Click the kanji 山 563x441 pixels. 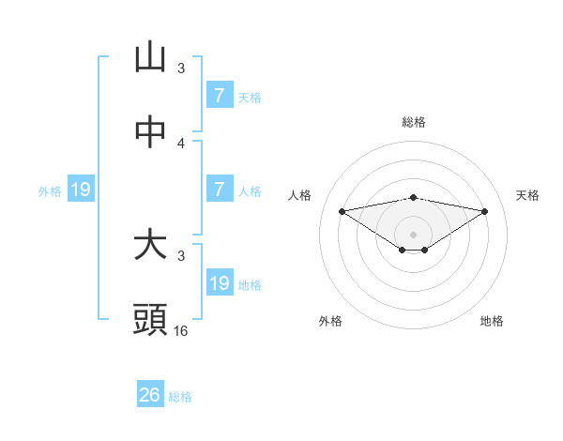[150, 57]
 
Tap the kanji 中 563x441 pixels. [150, 132]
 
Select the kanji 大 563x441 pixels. [150, 245]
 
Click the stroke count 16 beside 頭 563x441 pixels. [181, 331]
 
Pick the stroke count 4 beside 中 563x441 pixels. [181, 143]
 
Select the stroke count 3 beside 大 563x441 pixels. [181, 255]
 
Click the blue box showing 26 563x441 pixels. [150, 395]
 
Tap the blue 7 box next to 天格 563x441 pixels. [219, 95]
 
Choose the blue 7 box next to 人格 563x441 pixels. [219, 189]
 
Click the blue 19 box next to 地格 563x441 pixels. [219, 282]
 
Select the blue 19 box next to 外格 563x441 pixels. [81, 190]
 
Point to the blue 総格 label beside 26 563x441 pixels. [180, 397]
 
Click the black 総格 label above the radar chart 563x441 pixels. [414, 122]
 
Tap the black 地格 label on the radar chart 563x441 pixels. [492, 321]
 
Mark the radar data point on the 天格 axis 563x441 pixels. [485, 211]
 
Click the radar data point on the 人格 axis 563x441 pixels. [342, 211]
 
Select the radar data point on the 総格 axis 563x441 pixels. [414, 197]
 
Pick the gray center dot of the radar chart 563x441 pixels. [414, 234]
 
